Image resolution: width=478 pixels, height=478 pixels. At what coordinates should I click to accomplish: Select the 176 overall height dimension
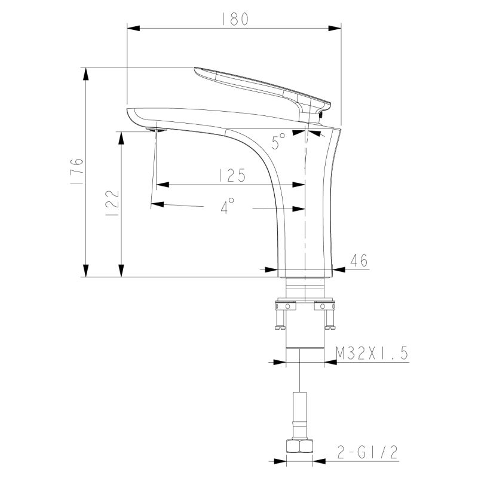point(76,173)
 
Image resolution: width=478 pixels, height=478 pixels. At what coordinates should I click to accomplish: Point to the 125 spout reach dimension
point(231,175)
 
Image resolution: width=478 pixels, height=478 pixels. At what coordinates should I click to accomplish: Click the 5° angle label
point(278,142)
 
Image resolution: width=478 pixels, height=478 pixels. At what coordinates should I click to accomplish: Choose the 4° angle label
point(227,207)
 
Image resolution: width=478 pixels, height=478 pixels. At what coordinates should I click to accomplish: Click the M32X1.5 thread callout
point(371,353)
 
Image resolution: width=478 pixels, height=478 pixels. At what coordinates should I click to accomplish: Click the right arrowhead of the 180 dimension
point(336,28)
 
